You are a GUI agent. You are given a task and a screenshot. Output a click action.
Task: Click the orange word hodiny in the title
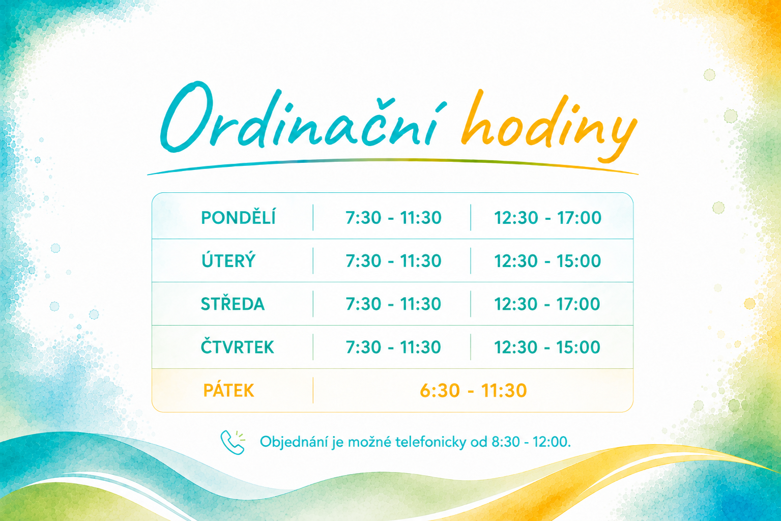[549, 126]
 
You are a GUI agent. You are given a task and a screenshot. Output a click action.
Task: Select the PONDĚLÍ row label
[239, 218]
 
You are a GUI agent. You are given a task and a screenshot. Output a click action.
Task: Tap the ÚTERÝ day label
[228, 260]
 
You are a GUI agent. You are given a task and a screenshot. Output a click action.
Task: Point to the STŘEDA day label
[233, 304]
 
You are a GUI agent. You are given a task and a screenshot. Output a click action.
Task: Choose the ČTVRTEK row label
[238, 347]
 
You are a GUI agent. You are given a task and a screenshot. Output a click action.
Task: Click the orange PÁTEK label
[228, 391]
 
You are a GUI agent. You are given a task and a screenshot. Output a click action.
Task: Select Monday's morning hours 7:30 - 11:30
[393, 218]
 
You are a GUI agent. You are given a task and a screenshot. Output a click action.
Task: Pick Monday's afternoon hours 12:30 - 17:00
[548, 218]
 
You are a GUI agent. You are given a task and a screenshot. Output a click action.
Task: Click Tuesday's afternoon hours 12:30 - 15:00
[548, 261]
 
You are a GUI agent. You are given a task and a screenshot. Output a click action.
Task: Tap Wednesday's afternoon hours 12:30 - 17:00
[547, 304]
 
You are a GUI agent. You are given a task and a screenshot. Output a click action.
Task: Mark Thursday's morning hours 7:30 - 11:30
[393, 347]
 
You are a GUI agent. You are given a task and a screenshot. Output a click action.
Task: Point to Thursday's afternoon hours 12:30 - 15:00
[547, 347]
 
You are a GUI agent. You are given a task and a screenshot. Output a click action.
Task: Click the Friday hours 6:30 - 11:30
[473, 391]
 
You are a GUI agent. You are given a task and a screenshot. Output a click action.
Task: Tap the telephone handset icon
[232, 442]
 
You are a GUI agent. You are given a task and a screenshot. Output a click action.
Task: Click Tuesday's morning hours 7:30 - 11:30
[393, 261]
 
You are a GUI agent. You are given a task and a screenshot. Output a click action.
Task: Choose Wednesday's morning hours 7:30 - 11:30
[393, 304]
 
